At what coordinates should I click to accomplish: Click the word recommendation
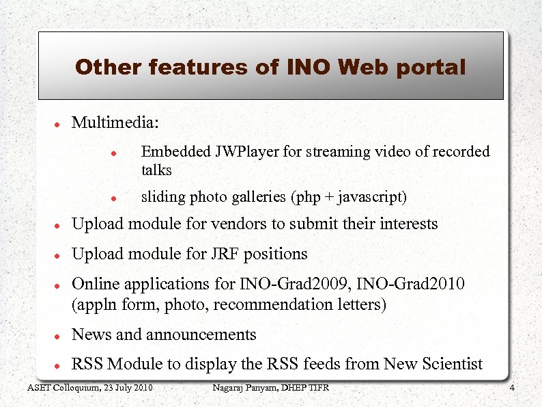[271, 304]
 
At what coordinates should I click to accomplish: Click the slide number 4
[512, 389]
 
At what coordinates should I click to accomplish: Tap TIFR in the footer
[317, 389]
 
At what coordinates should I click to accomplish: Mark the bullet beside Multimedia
[59, 125]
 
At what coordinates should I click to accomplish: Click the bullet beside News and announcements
[59, 337]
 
